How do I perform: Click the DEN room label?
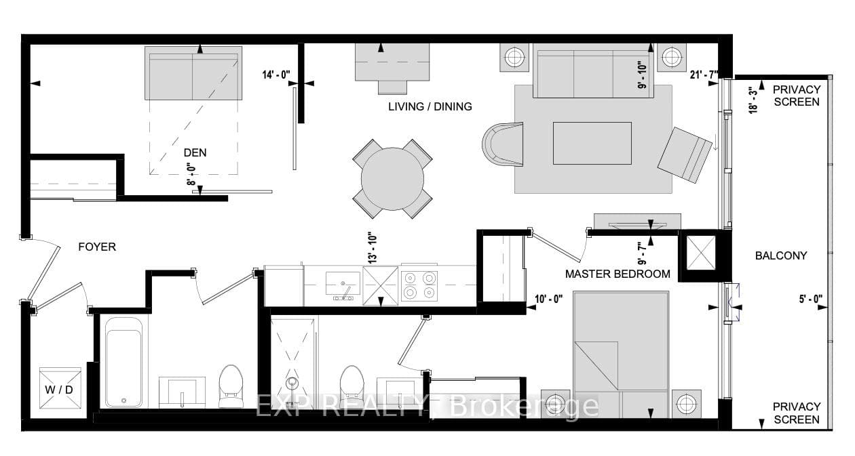pos(195,152)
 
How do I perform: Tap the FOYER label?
pos(97,247)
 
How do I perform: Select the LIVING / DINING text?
pos(430,106)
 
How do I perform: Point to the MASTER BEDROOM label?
pos(617,274)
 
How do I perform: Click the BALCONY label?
pos(781,255)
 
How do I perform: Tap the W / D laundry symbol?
pos(60,388)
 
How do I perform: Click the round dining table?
pos(392,179)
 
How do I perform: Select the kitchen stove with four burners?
pos(419,285)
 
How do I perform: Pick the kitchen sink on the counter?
pos(343,285)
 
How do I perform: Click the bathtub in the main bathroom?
pos(124,362)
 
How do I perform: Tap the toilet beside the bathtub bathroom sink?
pos(231,386)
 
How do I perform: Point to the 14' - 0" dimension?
pos(276,75)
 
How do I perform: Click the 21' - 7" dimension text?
pos(704,75)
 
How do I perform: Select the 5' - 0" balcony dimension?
pos(811,299)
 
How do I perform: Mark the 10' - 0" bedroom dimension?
pos(548,299)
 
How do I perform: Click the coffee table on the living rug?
pos(592,144)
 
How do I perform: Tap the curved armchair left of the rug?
pos(503,144)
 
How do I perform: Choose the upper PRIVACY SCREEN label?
pos(797,96)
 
